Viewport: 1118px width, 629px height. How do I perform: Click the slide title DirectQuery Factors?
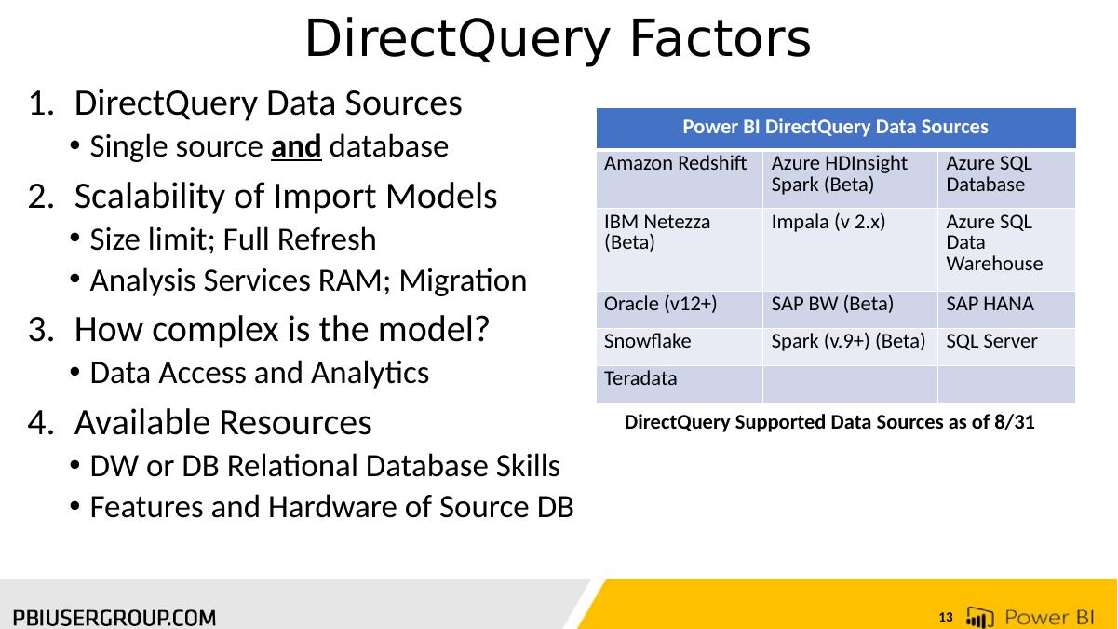(558, 39)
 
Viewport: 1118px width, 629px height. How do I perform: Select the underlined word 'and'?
(296, 147)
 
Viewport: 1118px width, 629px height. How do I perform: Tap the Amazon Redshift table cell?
(680, 178)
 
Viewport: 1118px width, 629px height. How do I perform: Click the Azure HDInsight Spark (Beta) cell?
(850, 178)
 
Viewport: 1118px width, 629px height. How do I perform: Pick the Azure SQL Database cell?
(1006, 178)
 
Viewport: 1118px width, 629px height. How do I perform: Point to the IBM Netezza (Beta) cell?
(680, 250)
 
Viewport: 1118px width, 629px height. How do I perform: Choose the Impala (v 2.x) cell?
(850, 250)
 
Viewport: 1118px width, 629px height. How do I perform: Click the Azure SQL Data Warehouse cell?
(1006, 250)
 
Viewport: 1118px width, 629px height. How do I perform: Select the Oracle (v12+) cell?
(680, 309)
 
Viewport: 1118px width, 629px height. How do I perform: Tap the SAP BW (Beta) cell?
(850, 309)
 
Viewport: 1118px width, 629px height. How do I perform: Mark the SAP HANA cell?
(1006, 309)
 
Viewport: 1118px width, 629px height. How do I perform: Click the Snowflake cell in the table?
(680, 347)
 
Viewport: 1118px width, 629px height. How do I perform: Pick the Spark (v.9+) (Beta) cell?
(850, 347)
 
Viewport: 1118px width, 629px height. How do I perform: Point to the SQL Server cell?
(1006, 347)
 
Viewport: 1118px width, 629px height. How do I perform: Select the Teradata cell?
(680, 384)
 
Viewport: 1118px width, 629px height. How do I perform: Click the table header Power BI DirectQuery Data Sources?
(836, 128)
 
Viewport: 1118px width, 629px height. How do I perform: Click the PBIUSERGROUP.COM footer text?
(114, 618)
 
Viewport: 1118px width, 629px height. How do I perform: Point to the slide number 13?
(946, 618)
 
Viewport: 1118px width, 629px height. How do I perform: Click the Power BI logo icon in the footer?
(979, 617)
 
